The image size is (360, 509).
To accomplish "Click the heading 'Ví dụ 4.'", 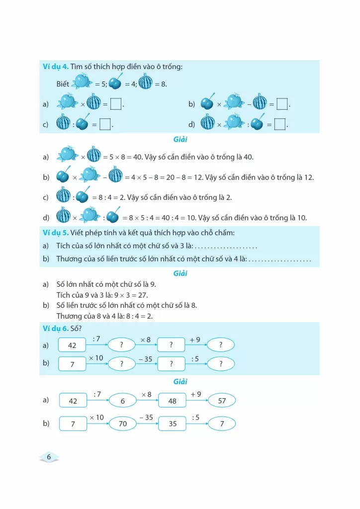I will (x=55, y=67).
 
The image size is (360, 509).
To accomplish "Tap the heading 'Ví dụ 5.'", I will (x=55, y=233).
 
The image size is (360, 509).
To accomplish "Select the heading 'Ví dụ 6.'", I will (x=55, y=328).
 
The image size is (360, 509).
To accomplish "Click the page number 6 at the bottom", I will (x=49, y=457).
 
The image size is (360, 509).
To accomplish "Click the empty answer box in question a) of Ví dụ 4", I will (x=116, y=104).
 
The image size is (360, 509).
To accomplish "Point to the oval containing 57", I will (x=222, y=400).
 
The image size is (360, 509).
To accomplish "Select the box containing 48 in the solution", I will (x=172, y=401).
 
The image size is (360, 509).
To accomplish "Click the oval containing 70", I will (x=122, y=424).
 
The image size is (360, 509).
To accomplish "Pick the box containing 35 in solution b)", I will (x=172, y=424).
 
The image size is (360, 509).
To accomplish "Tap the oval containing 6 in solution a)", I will (x=122, y=401).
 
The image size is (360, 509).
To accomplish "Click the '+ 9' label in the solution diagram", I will (x=195, y=394).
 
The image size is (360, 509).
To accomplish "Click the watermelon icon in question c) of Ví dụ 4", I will (x=63, y=123).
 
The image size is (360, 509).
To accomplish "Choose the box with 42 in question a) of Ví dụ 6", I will (x=72, y=345).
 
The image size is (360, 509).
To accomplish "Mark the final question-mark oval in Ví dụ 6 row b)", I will (x=221, y=363).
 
